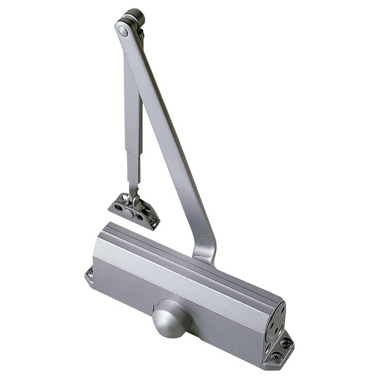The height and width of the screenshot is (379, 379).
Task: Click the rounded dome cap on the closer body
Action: tap(169, 318)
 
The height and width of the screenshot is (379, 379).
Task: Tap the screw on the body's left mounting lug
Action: tap(90, 272)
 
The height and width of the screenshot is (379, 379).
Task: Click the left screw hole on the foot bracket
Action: tap(118, 207)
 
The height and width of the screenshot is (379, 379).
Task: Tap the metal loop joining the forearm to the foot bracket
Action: tap(135, 199)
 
